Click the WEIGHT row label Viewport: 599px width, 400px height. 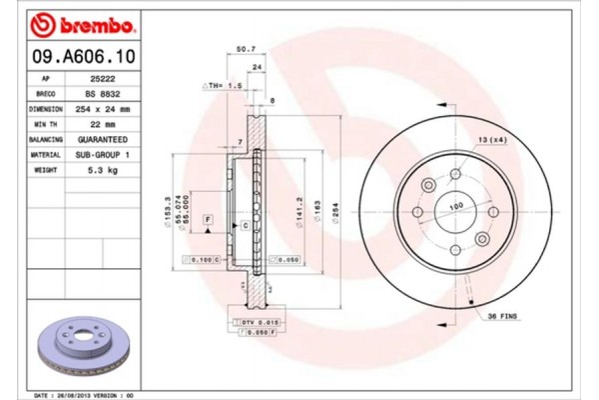click(x=45, y=171)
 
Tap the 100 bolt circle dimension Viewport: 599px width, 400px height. click(x=457, y=206)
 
